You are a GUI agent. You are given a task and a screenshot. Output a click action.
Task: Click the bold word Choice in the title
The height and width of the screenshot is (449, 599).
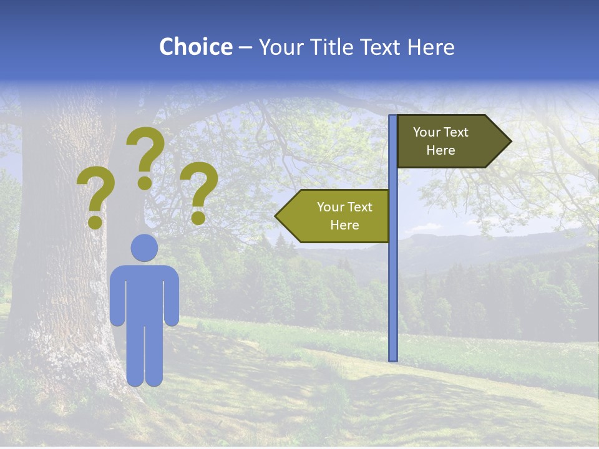pyautogui.click(x=195, y=47)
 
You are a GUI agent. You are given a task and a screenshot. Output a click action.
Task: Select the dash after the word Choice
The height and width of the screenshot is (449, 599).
pyautogui.click(x=245, y=48)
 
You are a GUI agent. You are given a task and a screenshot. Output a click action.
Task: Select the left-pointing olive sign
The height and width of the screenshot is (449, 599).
pyautogui.click(x=337, y=216)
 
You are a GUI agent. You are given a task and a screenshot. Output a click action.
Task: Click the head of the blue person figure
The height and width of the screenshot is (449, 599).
pyautogui.click(x=144, y=248)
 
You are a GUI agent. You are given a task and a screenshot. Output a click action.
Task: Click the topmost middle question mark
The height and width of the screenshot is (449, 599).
pyautogui.click(x=145, y=153)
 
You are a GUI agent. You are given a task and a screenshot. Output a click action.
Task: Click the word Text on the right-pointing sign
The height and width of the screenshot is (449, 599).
pyautogui.click(x=455, y=132)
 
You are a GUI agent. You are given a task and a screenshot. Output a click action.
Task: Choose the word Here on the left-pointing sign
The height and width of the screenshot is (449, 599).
pyautogui.click(x=344, y=225)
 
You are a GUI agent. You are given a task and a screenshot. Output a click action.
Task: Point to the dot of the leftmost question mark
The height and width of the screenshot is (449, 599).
pyautogui.click(x=95, y=221)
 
